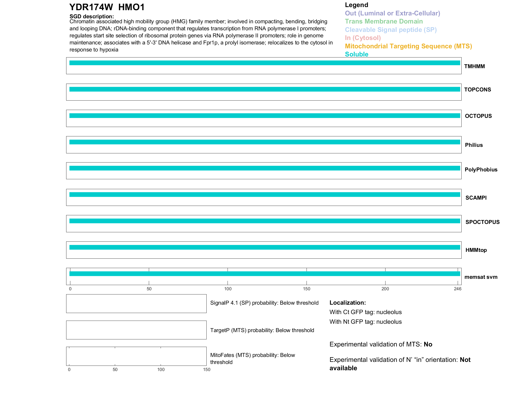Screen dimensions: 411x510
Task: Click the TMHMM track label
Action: point(474,66)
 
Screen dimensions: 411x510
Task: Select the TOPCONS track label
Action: point(477,90)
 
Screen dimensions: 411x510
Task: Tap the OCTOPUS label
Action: point(478,116)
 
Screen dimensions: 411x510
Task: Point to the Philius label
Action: point(474,145)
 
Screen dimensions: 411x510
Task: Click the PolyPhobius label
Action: point(481,170)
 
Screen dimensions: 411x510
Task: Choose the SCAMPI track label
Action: point(476,198)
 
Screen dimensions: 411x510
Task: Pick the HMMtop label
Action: point(476,250)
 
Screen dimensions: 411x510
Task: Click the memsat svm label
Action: point(481,277)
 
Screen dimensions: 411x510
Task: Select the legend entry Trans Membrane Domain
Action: point(384,21)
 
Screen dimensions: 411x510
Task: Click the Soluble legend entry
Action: point(356,54)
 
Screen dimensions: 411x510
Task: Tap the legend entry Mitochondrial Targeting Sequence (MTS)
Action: point(408,46)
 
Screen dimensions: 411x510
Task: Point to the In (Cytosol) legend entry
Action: point(363,38)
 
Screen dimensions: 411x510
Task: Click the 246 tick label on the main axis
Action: point(457,289)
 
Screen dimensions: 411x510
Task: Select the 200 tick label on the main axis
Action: point(385,289)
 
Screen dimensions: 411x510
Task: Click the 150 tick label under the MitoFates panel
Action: point(207,369)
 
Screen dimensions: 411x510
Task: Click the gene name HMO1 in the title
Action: point(131,7)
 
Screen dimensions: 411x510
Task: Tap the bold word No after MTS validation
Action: point(428,344)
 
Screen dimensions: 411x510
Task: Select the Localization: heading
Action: point(347,303)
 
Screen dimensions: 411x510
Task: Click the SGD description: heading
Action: point(92,16)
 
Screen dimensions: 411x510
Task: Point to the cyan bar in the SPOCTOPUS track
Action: point(264,221)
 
